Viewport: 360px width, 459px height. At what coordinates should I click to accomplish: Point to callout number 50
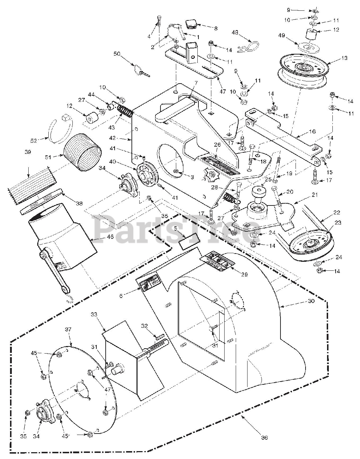coord(117,54)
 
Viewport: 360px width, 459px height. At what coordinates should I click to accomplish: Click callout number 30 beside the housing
coord(311,301)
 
